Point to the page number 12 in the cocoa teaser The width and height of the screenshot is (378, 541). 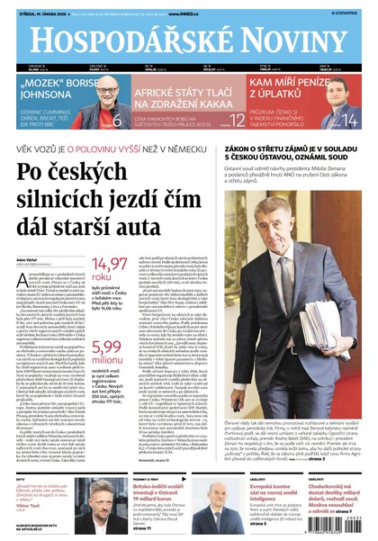click(x=236, y=119)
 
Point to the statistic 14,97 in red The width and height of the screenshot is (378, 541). click(x=110, y=265)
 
